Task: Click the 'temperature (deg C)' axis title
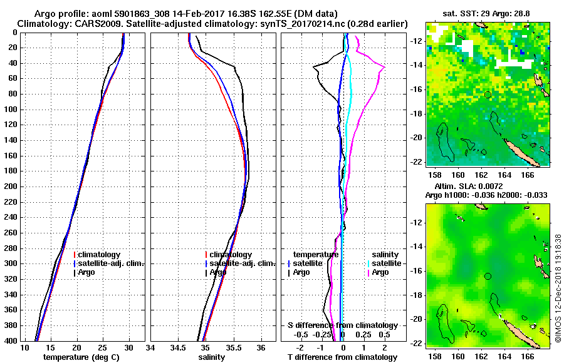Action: click(x=81, y=357)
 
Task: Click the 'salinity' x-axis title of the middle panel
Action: click(x=213, y=357)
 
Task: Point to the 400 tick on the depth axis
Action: click(x=13, y=340)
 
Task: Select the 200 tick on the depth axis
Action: click(x=13, y=187)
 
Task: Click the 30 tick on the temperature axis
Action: click(x=129, y=347)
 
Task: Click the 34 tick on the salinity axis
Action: click(x=151, y=347)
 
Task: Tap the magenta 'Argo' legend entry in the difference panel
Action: click(x=380, y=272)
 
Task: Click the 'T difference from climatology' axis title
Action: click(x=342, y=357)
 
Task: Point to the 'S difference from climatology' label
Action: click(x=342, y=325)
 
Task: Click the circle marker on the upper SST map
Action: click(x=488, y=95)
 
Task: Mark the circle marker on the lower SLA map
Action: click(x=488, y=276)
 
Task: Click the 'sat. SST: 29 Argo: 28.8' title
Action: click(x=488, y=13)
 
